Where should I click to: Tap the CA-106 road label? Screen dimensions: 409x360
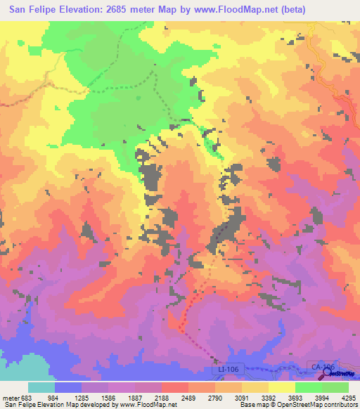point(318,366)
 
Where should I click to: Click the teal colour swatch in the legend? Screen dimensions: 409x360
point(41,387)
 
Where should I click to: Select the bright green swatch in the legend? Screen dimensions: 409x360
point(308,387)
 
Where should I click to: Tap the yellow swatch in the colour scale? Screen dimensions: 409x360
point(281,387)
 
